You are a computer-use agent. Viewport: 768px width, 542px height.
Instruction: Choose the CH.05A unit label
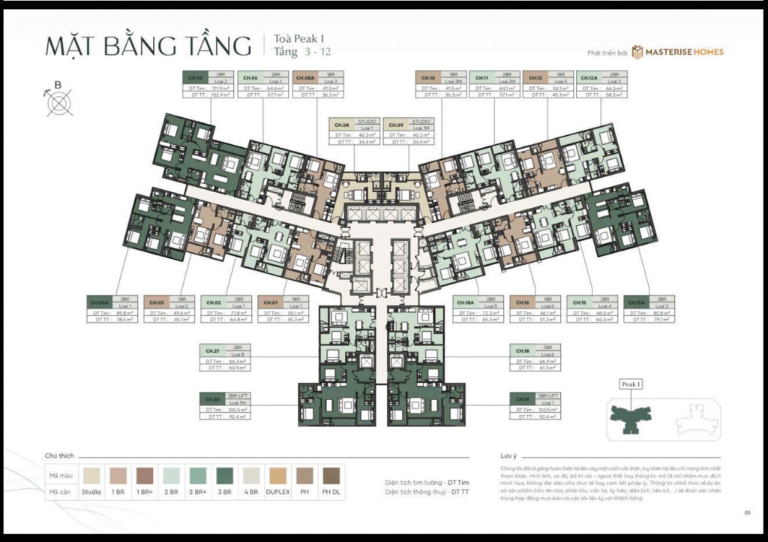100,303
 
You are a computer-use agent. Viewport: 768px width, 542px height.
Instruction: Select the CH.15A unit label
636,303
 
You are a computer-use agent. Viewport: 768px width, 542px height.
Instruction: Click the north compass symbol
59,103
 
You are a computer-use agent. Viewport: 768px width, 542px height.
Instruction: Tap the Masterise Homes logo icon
637,52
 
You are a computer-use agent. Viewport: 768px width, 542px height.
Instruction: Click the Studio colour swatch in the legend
92,475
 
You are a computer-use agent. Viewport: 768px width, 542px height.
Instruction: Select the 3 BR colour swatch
225,475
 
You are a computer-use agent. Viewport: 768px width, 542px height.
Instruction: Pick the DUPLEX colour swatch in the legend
278,475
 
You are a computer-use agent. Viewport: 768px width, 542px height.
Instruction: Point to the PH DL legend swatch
331,475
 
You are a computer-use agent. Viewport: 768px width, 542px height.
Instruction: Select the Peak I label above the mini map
631,384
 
